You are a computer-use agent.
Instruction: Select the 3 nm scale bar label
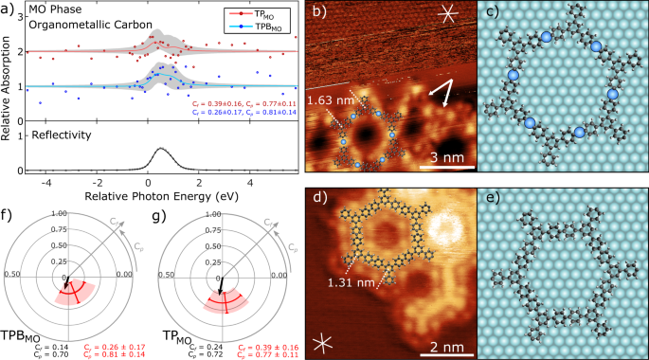point(446,156)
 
